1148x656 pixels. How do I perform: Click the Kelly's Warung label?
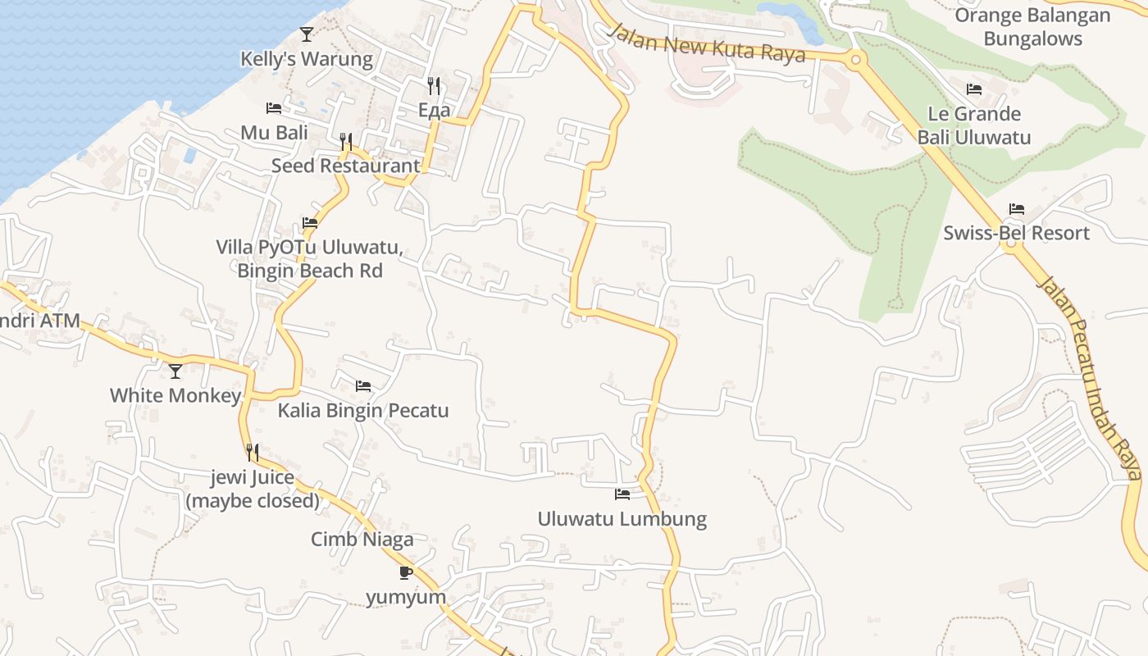[306, 59]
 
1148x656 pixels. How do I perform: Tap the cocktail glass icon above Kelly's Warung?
[307, 34]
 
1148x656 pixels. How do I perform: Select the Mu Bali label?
[274, 133]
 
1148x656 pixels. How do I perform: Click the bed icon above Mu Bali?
[274, 108]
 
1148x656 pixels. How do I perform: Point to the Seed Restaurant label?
[345, 166]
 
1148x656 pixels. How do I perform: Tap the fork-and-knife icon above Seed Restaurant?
[346, 142]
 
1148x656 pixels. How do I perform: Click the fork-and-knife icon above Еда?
[434, 85]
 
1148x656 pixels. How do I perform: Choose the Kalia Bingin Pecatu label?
[363, 410]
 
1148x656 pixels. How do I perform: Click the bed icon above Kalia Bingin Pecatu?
[363, 386]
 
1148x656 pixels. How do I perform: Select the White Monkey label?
[175, 395]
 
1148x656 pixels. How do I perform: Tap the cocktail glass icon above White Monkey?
[175, 371]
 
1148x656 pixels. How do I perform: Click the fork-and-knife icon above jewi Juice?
[253, 452]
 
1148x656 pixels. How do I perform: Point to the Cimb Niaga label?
[362, 540]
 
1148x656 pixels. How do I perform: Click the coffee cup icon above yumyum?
[406, 572]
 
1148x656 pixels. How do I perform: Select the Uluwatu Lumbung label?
[622, 519]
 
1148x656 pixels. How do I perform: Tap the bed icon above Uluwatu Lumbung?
[622, 494]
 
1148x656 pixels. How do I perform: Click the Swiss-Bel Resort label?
[1016, 233]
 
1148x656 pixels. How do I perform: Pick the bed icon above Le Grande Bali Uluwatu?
[974, 89]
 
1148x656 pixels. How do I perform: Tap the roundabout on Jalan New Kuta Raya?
[855, 58]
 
